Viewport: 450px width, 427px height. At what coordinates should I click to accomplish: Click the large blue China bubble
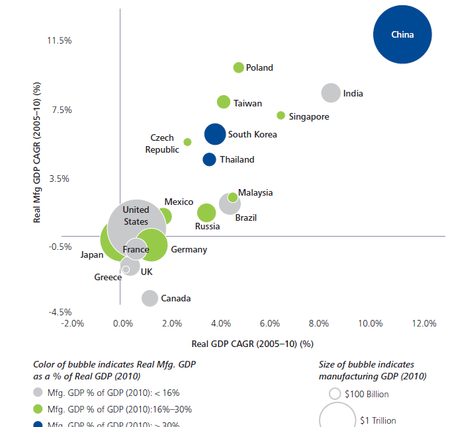402,35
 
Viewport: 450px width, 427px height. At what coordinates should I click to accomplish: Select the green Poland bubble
239,67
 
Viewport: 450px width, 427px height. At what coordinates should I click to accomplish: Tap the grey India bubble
330,93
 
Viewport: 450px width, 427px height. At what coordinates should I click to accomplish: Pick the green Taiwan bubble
224,102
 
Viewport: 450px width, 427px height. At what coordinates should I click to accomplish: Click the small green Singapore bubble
281,116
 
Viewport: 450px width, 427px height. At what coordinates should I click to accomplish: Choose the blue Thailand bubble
209,159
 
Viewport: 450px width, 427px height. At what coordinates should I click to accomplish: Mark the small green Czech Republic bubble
187,142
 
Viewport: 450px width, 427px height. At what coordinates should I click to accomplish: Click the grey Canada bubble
150,298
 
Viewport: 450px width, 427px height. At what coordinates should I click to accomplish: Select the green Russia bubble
206,213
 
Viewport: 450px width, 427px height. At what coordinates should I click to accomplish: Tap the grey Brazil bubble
230,205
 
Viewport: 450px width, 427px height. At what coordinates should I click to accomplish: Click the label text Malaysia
255,193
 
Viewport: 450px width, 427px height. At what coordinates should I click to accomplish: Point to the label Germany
189,250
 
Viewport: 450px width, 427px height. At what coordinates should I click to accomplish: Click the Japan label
92,254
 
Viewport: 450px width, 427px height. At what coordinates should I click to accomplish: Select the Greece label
108,278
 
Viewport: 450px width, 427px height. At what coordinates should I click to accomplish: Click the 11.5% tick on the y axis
59,41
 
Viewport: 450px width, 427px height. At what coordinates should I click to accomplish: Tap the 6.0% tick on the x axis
271,323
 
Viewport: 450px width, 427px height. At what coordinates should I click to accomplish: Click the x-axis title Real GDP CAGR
251,344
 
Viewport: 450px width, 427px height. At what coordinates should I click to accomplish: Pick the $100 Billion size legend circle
335,394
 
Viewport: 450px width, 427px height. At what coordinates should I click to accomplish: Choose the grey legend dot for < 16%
38,393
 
